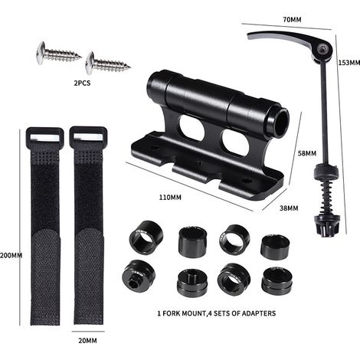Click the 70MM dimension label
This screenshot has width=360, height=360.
pos(292,19)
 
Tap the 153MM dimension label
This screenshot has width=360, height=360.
pos(349,63)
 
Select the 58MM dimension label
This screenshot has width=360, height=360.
pos(307,153)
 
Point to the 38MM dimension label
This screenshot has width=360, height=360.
pos(289,208)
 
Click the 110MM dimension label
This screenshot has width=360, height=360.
pos(170,198)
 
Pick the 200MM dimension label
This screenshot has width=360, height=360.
pos(11,255)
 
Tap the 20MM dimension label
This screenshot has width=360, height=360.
pos(87,341)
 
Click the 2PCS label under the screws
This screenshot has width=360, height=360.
pos(82,83)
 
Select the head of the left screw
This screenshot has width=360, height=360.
pos(41,53)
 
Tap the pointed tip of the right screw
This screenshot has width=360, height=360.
pos(130,67)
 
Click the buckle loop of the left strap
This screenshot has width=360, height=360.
pos(45,136)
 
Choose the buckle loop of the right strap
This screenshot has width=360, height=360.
pos(88,135)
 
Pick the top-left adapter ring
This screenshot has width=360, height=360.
pos(146,237)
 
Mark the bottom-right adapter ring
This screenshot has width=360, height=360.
pos(277,281)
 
